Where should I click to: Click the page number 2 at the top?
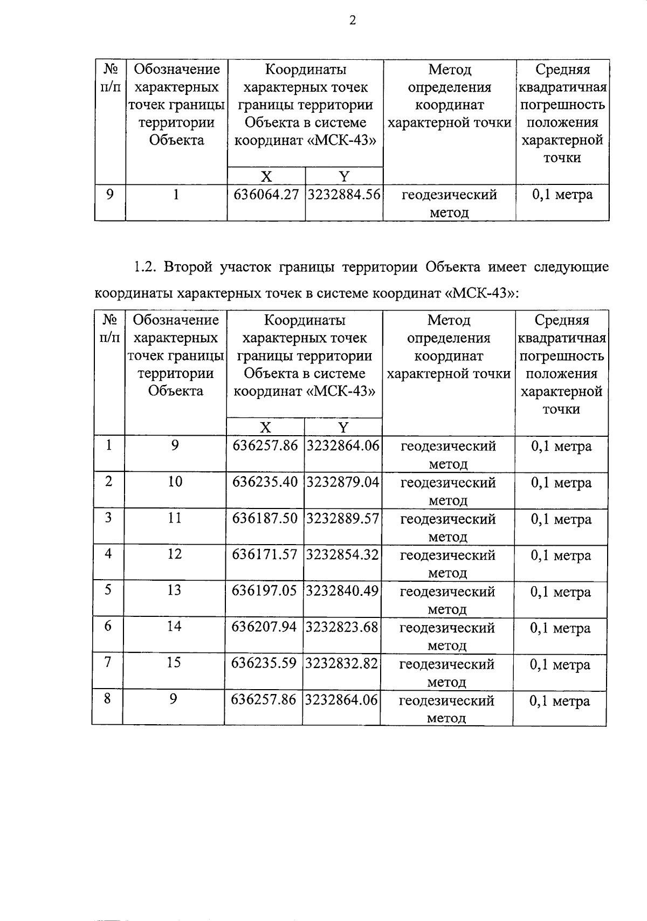pyautogui.click(x=353, y=20)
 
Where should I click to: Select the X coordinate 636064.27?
pyautogui.click(x=266, y=195)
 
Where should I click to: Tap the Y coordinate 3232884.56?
pyautogui.click(x=344, y=195)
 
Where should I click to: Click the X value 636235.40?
pyautogui.click(x=265, y=482)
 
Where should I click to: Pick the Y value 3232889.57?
pyautogui.click(x=343, y=519)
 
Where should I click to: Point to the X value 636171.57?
pyautogui.click(x=265, y=554)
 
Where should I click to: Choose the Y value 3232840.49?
pyautogui.click(x=342, y=591)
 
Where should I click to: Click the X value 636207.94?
pyautogui.click(x=264, y=627)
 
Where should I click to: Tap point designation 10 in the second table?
pyautogui.click(x=175, y=482)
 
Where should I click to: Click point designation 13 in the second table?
pyautogui.click(x=174, y=590)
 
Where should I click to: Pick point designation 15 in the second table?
pyautogui.click(x=174, y=663)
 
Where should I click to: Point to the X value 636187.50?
pyautogui.click(x=265, y=519)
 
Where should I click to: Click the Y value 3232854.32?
pyautogui.click(x=342, y=554)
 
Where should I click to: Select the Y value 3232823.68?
pyautogui.click(x=342, y=627)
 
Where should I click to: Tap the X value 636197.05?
pyautogui.click(x=264, y=591)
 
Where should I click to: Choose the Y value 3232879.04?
pyautogui.click(x=343, y=482)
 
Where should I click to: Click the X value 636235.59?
pyautogui.click(x=264, y=663)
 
